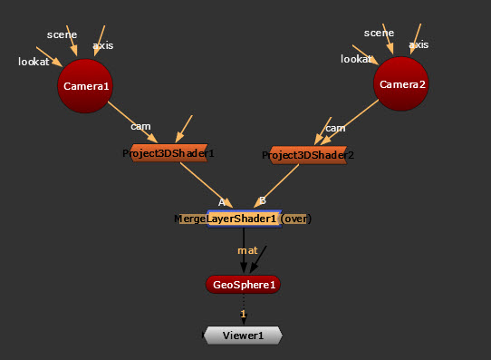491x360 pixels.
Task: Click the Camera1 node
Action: [x=85, y=86]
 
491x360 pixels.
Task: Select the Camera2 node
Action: [x=401, y=83]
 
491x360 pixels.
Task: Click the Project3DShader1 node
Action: [x=168, y=153]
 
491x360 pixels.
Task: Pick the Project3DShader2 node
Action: [x=308, y=155]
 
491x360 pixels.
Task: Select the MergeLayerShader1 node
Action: [x=244, y=219]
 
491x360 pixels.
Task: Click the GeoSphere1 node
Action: [x=243, y=285]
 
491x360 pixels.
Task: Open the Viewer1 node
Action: [x=243, y=336]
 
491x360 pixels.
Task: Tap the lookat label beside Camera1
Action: [x=34, y=62]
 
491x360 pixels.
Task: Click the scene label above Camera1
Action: [x=62, y=34]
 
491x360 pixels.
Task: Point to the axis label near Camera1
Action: [x=103, y=45]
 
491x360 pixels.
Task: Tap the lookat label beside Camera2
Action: [x=356, y=59]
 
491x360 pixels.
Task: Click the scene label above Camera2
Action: [x=379, y=33]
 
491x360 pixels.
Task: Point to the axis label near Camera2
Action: [x=419, y=44]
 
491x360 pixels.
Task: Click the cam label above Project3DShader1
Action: [x=140, y=126]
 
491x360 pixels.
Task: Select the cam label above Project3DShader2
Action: [x=335, y=128]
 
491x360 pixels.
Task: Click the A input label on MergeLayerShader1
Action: [x=221, y=202]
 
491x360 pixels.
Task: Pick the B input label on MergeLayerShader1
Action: [x=263, y=200]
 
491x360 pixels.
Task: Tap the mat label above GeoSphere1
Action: [x=247, y=250]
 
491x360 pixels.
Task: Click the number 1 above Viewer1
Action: [x=243, y=314]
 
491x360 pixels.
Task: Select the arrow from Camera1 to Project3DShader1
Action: [x=133, y=122]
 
